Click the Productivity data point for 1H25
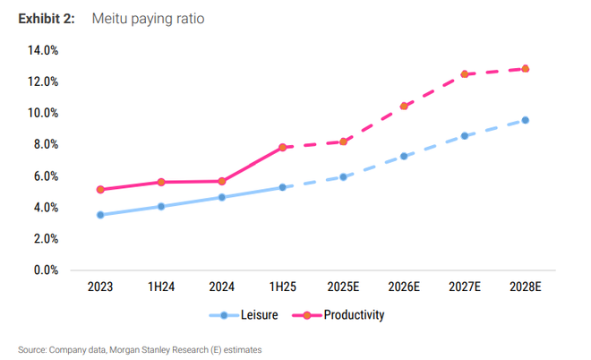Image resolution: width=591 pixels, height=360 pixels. (x=282, y=147)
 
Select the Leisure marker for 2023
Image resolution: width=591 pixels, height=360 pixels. (x=99, y=215)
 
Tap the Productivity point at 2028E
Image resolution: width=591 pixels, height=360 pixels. (x=526, y=68)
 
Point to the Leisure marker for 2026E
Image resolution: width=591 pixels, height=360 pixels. (x=404, y=156)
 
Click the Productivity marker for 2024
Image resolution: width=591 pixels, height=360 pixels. (x=221, y=181)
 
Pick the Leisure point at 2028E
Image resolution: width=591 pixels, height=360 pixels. (x=526, y=120)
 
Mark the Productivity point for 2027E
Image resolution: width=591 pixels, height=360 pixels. (x=465, y=74)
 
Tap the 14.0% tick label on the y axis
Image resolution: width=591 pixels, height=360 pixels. (x=43, y=50)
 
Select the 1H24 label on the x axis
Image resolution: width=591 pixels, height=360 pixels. (x=160, y=287)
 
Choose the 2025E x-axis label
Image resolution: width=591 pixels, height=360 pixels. (x=343, y=287)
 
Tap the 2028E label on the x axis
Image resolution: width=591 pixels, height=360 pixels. (x=526, y=287)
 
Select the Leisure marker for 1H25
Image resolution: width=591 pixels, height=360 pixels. (x=282, y=187)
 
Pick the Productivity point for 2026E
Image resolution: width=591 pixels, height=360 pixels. (x=404, y=106)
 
